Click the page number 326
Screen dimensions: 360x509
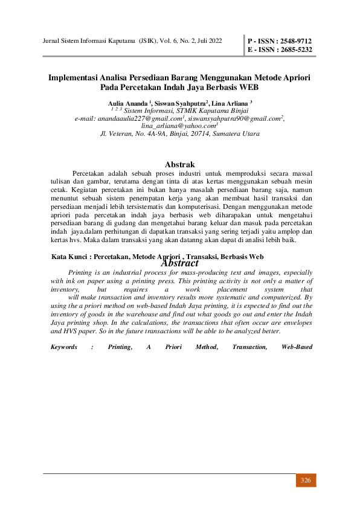306,480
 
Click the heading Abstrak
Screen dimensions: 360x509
179,164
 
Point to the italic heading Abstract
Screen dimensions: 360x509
179,263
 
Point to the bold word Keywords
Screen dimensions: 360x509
64,347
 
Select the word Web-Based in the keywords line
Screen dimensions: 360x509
297,347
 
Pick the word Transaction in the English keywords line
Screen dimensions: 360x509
249,347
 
